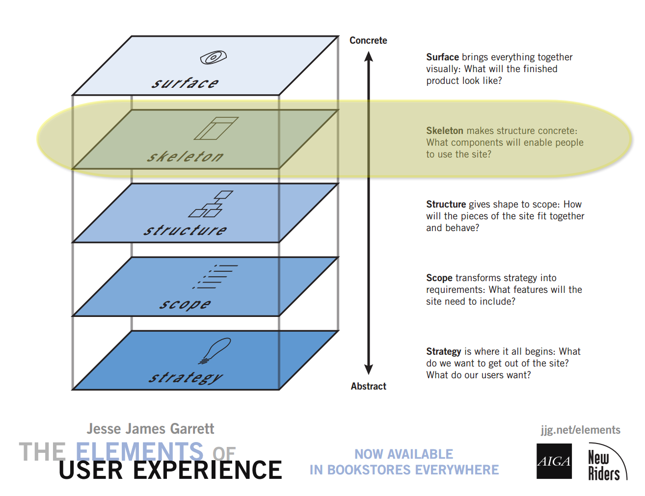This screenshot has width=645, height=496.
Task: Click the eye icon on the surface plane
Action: point(213,57)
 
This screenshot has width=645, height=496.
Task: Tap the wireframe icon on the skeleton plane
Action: point(216,128)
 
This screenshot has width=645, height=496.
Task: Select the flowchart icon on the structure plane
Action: point(211,204)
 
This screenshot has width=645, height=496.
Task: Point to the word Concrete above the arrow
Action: point(368,41)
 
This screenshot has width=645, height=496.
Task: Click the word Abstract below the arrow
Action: point(368,387)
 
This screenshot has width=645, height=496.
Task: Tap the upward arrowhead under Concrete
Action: point(369,56)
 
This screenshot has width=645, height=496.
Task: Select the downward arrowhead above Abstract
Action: point(369,369)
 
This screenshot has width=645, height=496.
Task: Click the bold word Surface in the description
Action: point(442,57)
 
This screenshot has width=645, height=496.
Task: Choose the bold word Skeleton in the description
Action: point(444,131)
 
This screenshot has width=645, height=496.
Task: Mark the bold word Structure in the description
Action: point(446,205)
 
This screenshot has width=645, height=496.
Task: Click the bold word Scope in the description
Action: point(439,278)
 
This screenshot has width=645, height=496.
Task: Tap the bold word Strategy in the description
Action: point(443,352)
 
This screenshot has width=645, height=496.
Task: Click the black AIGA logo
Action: point(554,461)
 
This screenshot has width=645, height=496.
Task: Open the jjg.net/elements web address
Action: point(580,430)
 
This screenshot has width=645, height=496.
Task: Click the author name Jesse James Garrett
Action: point(150,429)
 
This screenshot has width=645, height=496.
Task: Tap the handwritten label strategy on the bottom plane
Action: point(186,378)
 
